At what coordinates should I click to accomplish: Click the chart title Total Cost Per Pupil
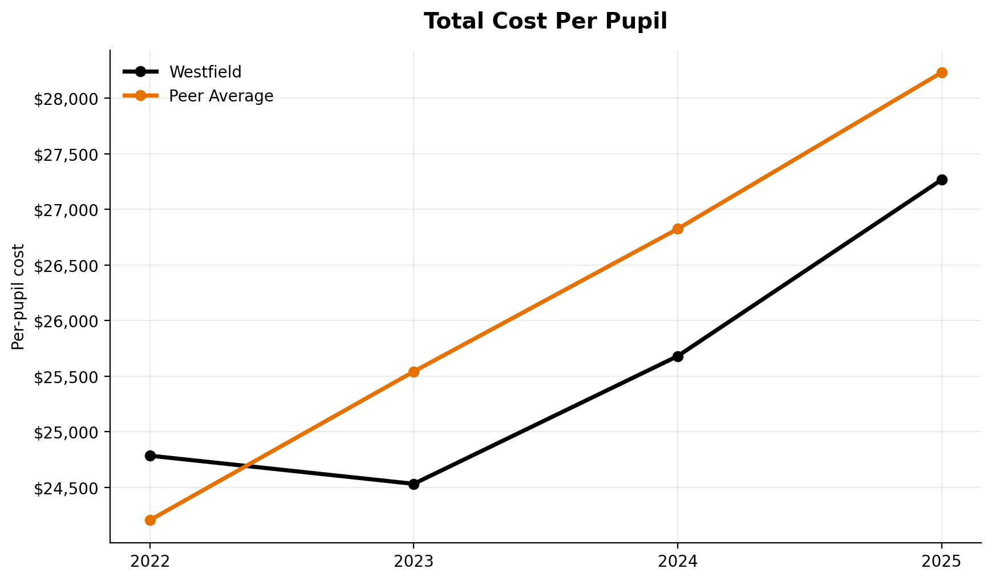pyautogui.click(x=545, y=22)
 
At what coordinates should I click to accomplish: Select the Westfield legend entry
pyautogui.click(x=205, y=72)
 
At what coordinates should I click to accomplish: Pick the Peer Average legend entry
pyautogui.click(x=221, y=96)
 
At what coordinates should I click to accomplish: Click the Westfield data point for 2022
pyautogui.click(x=150, y=456)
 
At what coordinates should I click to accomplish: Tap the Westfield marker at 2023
pyautogui.click(x=414, y=484)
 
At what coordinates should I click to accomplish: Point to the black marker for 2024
pyautogui.click(x=678, y=356)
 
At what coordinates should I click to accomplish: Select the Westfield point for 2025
pyautogui.click(x=942, y=180)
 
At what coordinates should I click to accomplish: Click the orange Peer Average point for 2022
pyautogui.click(x=150, y=520)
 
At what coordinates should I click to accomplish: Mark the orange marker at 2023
pyautogui.click(x=414, y=372)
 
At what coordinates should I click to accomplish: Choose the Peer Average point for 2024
pyautogui.click(x=678, y=229)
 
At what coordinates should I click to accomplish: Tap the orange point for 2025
pyautogui.click(x=942, y=72)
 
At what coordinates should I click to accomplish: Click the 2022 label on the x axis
pyautogui.click(x=150, y=562)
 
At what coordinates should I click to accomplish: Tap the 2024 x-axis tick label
pyautogui.click(x=678, y=562)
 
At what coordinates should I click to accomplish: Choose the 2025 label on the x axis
pyautogui.click(x=942, y=562)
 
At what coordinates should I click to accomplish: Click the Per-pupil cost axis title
pyautogui.click(x=18, y=296)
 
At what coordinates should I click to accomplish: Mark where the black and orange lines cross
pyautogui.click(x=247, y=466)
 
